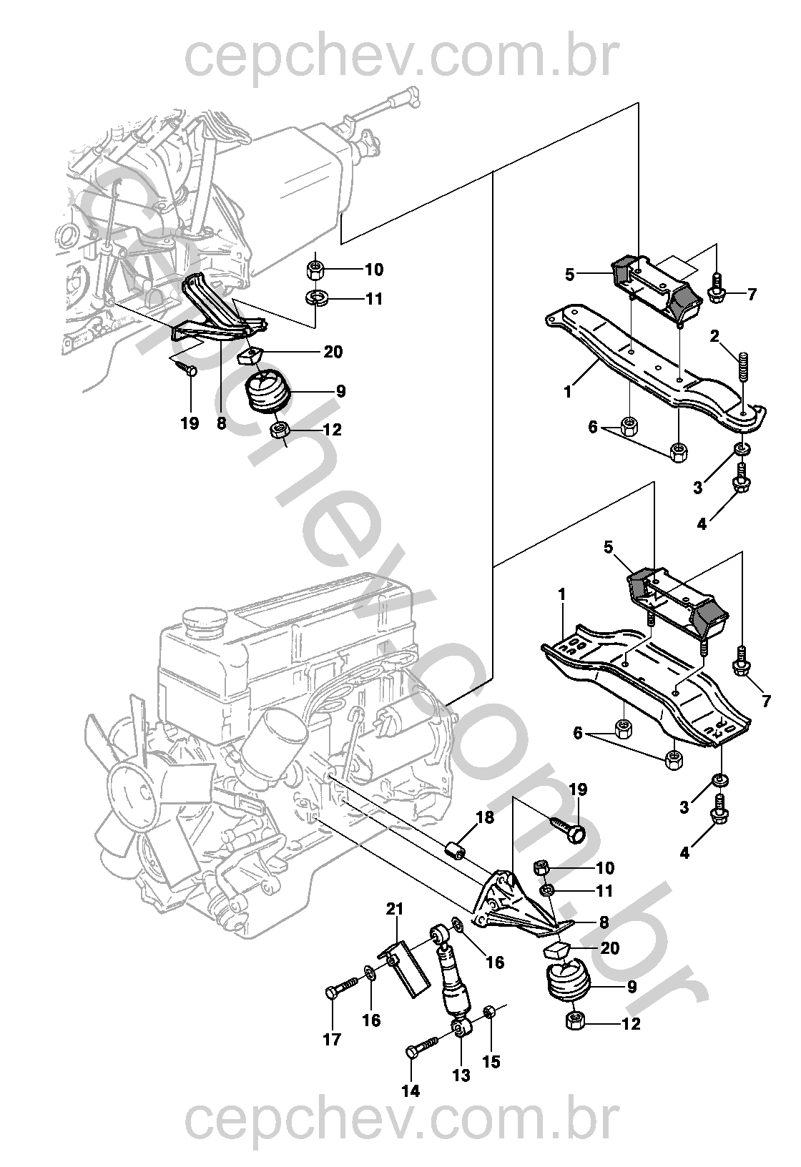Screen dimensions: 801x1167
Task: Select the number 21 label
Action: [395, 910]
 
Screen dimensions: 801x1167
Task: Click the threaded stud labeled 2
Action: [742, 370]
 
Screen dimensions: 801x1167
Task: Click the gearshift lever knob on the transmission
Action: [412, 97]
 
